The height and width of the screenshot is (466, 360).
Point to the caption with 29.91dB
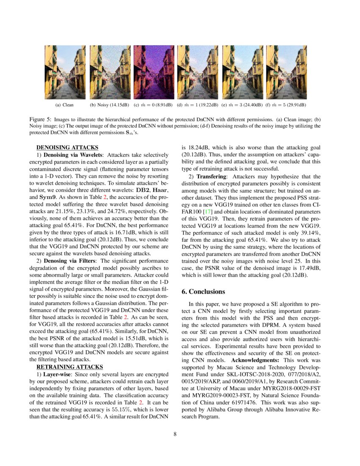[x=286, y=105]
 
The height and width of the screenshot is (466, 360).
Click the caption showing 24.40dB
[x=242, y=105]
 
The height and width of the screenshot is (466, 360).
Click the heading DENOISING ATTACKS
[x=67, y=147]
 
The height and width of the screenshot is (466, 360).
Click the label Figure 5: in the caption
[x=41, y=120]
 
